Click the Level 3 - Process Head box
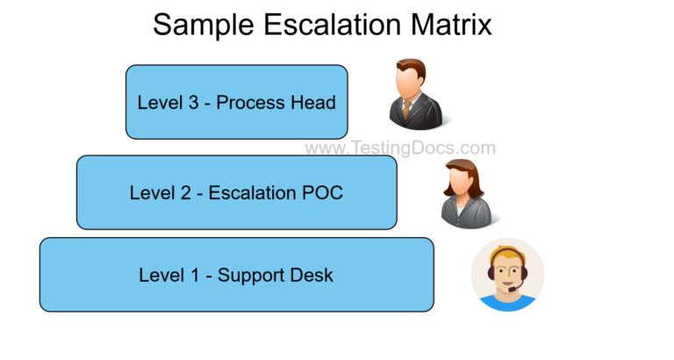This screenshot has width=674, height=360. tap(236, 102)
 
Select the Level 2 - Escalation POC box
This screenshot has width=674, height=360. tap(236, 192)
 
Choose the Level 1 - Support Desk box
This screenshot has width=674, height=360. tap(236, 275)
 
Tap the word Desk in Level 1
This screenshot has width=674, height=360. tap(313, 275)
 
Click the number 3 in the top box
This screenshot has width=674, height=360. tap(193, 103)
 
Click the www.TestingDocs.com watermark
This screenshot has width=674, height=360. tap(399, 148)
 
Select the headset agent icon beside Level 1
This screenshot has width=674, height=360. tap(507, 275)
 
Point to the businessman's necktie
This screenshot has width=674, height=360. tap(407, 109)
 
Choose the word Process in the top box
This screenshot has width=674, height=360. tap(250, 103)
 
